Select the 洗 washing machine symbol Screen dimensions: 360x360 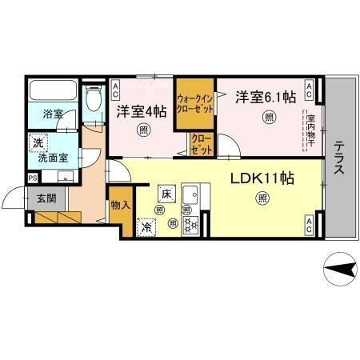click(x=37, y=144)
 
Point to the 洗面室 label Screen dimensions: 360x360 click(x=47, y=158)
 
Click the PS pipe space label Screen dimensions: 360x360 click(x=33, y=178)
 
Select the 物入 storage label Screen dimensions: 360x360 click(x=120, y=206)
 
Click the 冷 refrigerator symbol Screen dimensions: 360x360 click(x=146, y=226)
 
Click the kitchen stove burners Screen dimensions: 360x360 click(x=191, y=225)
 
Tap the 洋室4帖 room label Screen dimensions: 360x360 click(x=142, y=111)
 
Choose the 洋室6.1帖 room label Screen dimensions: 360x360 click(x=265, y=98)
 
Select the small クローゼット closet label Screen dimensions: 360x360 click(x=200, y=144)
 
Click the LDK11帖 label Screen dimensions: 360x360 click(x=262, y=178)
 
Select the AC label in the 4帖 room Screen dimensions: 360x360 click(x=117, y=86)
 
